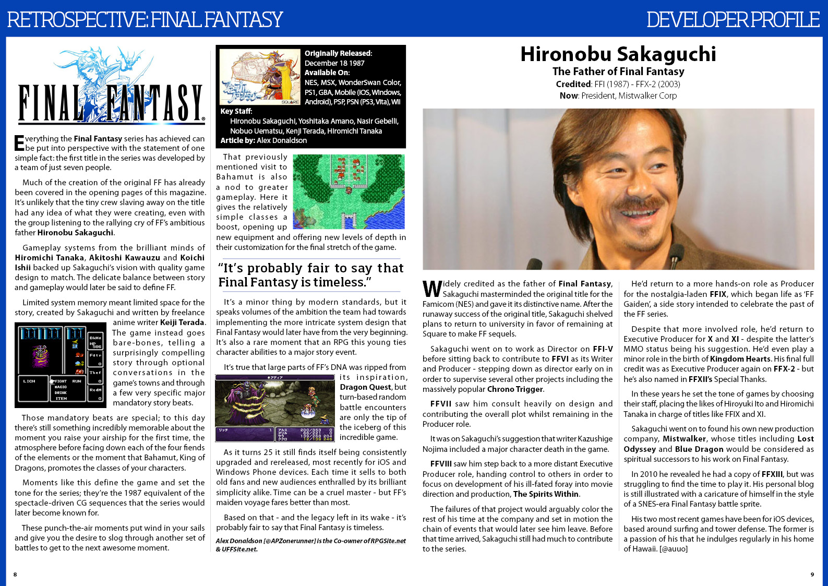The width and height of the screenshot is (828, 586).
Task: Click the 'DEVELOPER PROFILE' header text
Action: pos(733,20)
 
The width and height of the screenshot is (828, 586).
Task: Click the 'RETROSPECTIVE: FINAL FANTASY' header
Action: pos(145,20)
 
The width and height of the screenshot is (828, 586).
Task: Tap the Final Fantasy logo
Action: pos(110,88)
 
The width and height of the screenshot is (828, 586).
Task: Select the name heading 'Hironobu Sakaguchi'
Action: pos(618,54)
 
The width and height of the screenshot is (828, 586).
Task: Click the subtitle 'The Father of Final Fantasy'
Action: pos(618,71)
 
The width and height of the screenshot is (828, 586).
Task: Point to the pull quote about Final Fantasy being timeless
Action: pos(310,275)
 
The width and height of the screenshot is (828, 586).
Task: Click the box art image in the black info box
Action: pos(260,77)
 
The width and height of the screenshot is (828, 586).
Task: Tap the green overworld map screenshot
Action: pos(349,192)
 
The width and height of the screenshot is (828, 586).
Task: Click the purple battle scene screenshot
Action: pos(274,408)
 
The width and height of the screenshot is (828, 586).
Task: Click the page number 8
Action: pos(15,575)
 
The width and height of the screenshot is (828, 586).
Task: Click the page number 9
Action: pos(812,575)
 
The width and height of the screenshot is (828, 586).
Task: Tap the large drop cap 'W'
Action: pos(432,289)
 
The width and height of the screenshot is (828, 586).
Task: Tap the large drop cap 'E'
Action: pos(19,143)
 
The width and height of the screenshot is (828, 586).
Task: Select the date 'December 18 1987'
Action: pos(334,63)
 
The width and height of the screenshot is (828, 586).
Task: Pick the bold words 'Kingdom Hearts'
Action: pos(740,359)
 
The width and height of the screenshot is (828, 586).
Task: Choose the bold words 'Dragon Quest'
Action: pos(365,387)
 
